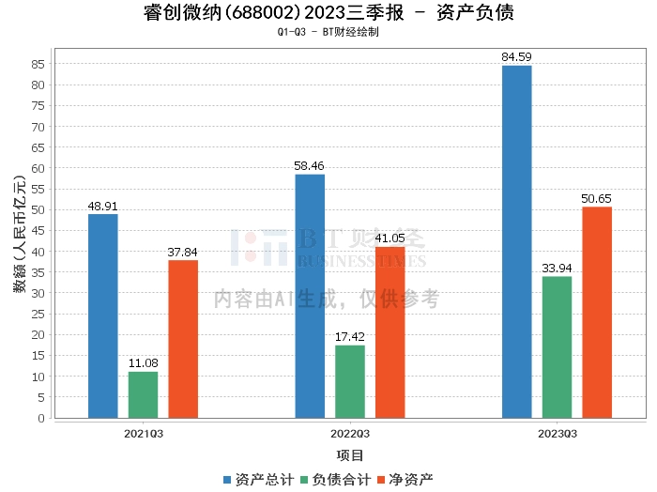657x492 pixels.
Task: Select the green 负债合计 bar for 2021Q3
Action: [144, 394]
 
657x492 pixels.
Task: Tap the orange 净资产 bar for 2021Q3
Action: [183, 339]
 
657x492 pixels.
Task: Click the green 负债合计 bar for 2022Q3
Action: [350, 381]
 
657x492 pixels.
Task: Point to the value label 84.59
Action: [516, 57]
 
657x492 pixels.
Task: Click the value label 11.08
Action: [144, 363]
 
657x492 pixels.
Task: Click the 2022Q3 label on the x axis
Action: [350, 434]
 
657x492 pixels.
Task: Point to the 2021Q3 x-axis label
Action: [144, 434]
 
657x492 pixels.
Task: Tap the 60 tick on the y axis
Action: [38, 168]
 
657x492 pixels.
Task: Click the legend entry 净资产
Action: [405, 479]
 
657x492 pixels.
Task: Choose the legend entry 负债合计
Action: [335, 479]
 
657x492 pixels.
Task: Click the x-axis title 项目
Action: [350, 455]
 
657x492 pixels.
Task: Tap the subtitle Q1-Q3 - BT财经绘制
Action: [328, 32]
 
